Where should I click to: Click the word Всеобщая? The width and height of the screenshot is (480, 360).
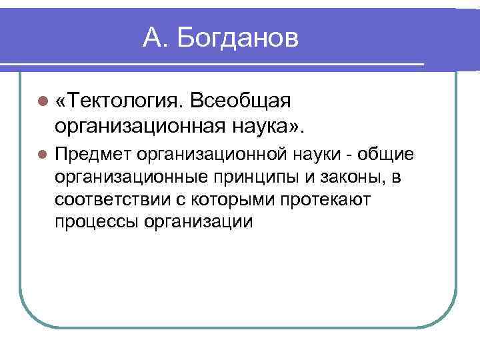[x=241, y=101]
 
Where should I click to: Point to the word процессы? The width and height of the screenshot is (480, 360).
[x=97, y=221]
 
